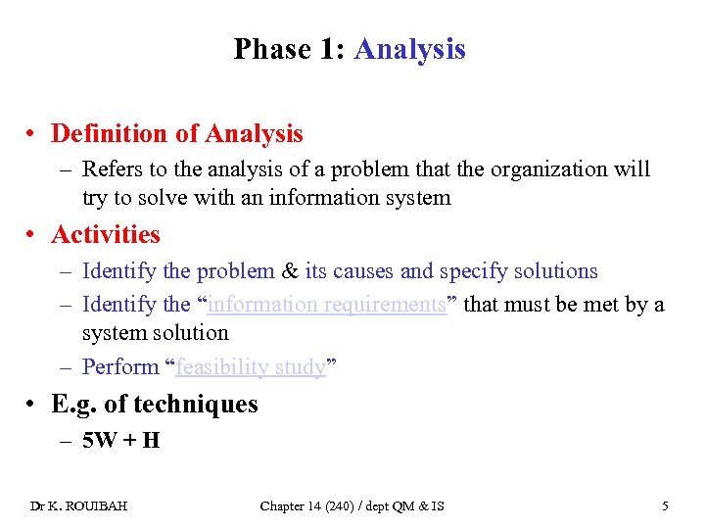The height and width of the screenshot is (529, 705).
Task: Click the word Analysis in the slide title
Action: coord(409,49)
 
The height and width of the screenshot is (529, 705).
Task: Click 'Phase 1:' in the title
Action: coord(291,49)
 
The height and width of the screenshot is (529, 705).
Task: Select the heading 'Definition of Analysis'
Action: coord(177,133)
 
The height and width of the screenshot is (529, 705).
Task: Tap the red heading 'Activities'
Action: coord(106,235)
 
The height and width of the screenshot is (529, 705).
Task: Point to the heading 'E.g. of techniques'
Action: coord(155,404)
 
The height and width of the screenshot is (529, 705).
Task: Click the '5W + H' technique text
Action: coord(121,440)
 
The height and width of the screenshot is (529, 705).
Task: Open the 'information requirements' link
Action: coord(328,305)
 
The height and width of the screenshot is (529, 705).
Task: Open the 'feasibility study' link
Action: coord(250,367)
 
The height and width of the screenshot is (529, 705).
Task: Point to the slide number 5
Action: coord(666,506)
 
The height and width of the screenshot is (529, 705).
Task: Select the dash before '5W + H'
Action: coord(66,440)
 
